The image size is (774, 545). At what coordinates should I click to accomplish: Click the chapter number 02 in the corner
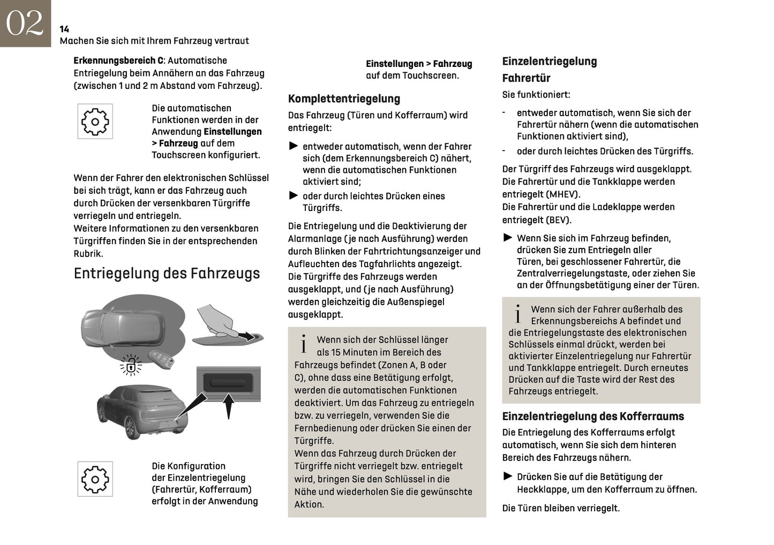(25, 24)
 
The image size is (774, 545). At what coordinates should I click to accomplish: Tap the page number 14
(64, 29)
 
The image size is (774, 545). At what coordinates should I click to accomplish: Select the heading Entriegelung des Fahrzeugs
(167, 274)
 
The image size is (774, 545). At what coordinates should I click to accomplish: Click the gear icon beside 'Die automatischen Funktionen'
(95, 122)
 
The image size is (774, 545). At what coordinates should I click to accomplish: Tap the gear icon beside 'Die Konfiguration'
(95, 479)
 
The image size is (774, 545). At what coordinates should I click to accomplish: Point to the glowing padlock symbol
(131, 365)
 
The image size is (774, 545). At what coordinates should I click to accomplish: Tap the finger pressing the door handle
(217, 320)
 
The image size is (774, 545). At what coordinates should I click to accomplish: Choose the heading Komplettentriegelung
(344, 99)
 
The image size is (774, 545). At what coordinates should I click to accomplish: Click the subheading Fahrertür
(526, 78)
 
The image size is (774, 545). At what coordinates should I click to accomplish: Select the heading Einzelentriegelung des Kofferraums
(593, 417)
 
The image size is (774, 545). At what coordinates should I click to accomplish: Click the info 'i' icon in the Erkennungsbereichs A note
(517, 314)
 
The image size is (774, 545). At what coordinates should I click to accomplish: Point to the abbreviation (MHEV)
(563, 194)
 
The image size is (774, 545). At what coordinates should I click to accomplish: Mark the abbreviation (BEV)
(559, 220)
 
